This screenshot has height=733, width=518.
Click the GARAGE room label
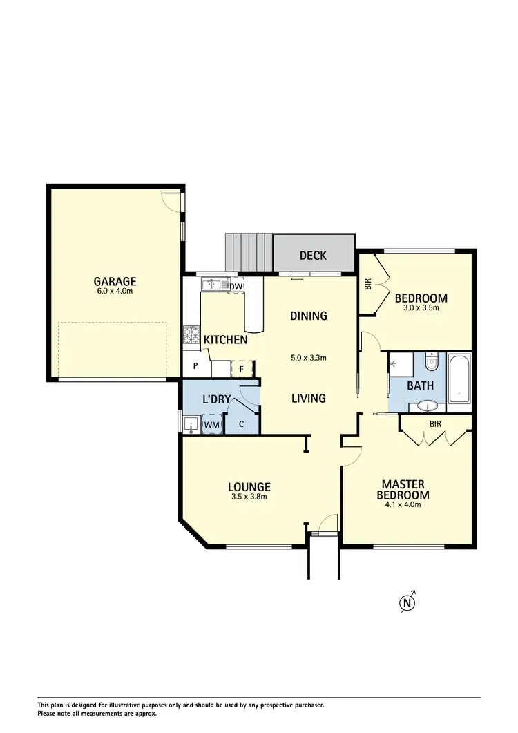coord(115,281)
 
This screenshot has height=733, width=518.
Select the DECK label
coord(313,256)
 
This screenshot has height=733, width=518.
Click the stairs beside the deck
coord(249,253)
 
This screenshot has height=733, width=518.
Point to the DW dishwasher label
coord(236,286)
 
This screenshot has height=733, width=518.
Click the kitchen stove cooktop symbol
coord(191,336)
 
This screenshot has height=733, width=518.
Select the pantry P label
coord(195,367)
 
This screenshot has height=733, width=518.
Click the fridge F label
coord(241,368)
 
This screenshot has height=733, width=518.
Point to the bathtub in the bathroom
coord(459,379)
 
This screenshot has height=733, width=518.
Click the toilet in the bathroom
coord(432,362)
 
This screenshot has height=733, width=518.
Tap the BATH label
coord(421,385)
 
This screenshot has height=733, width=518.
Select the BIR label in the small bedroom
coord(367,284)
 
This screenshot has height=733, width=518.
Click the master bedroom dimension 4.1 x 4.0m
coord(403,504)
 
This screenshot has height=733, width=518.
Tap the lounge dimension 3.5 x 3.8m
coord(249,496)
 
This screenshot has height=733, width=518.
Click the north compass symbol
coord(407,602)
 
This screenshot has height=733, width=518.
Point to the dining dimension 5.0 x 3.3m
coord(308,358)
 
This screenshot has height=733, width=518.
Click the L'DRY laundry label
coord(215,399)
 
